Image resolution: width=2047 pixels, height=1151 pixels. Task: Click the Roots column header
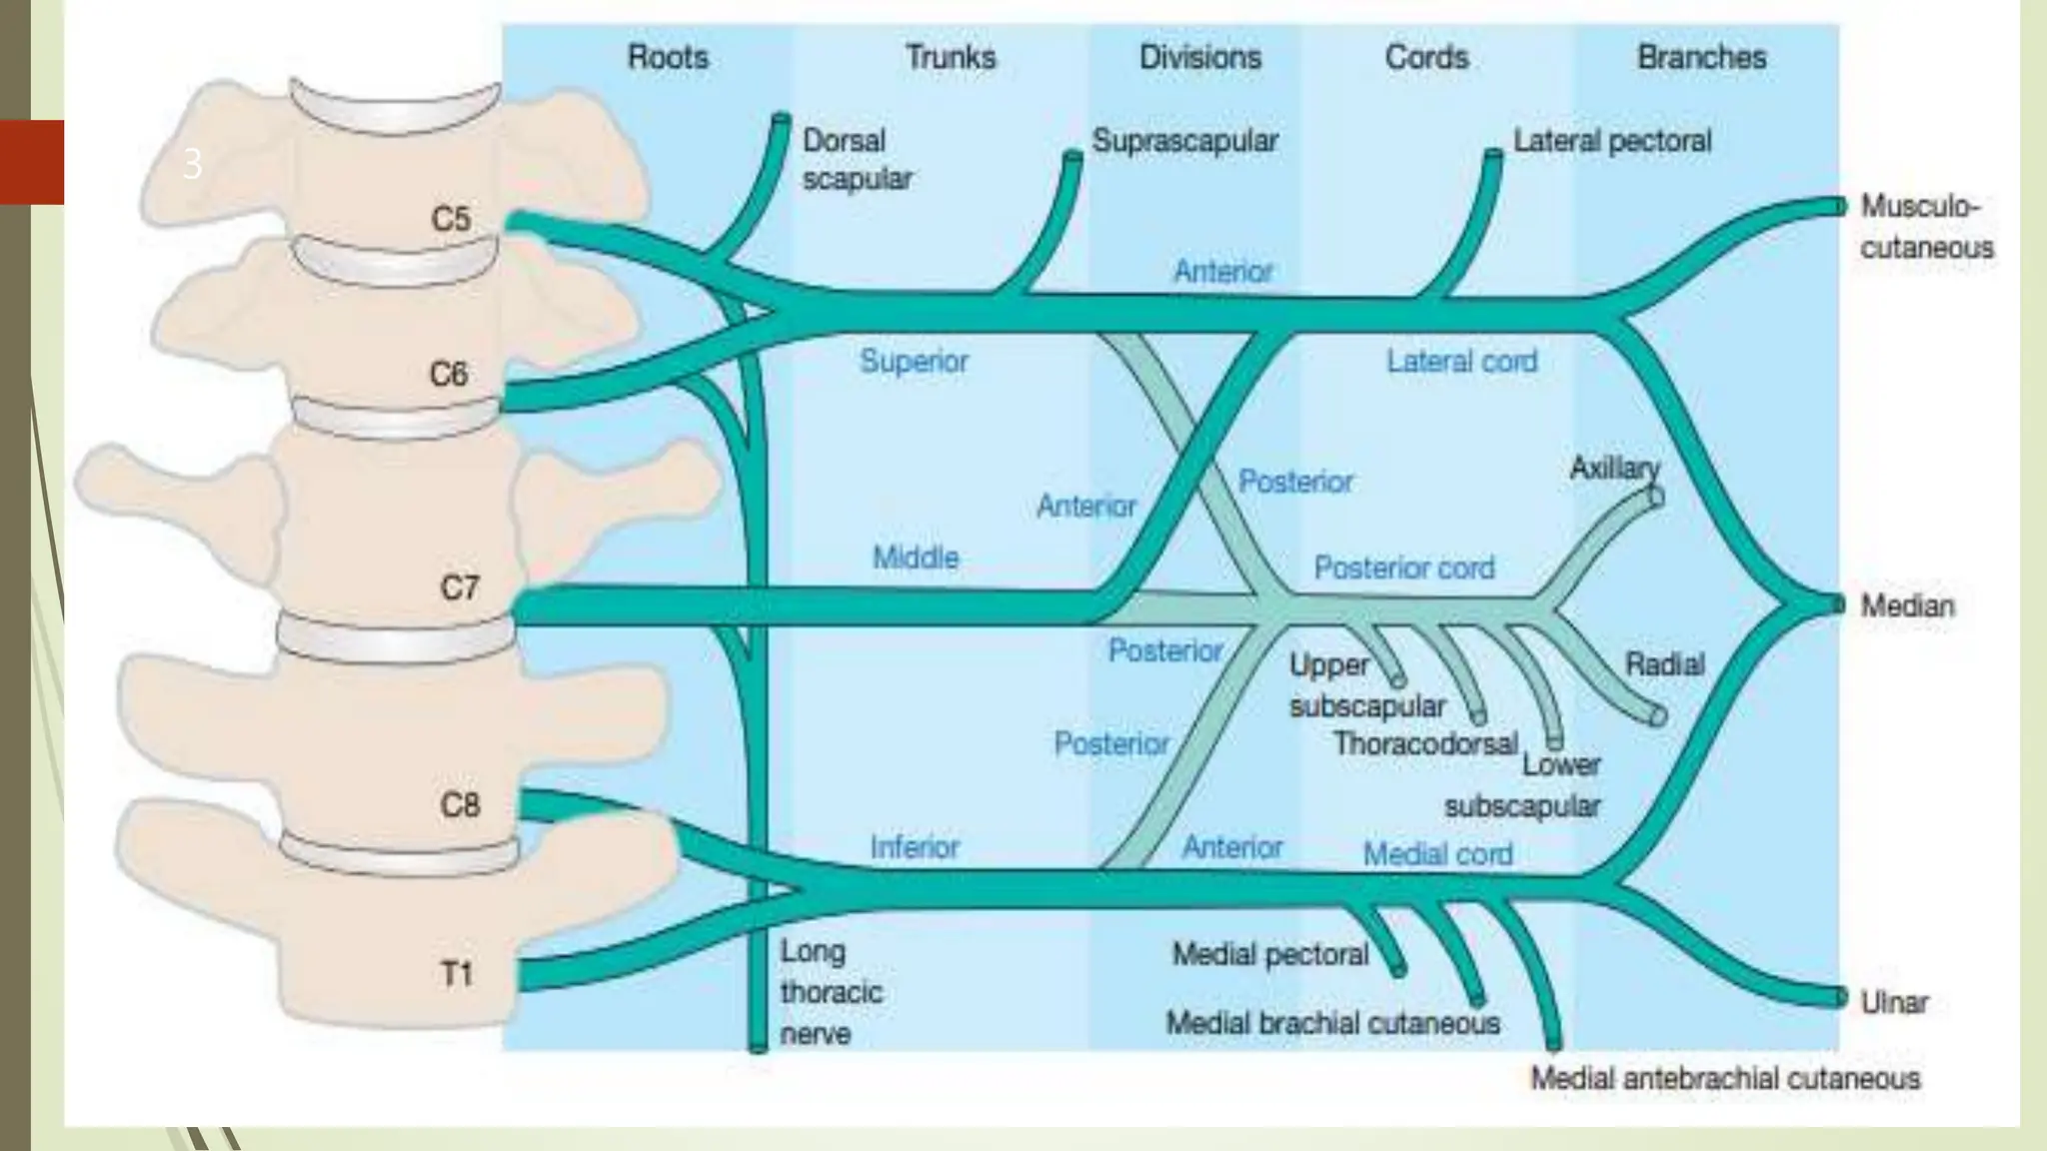coord(668,57)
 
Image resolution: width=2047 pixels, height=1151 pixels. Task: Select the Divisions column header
coord(1199,57)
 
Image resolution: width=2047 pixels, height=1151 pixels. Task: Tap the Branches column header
coord(1701,57)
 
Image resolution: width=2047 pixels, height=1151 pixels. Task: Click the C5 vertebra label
coord(451,218)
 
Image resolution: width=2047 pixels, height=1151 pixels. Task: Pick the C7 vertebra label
coord(460,586)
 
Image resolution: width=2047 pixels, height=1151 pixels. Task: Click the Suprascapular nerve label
coord(1185,141)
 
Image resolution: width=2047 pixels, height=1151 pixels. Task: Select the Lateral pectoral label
coord(1611,141)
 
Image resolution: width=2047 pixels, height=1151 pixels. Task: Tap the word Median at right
coord(1906,605)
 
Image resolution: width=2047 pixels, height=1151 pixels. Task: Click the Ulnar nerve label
coord(1894,1001)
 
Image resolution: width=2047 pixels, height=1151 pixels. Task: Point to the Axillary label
coord(1614,468)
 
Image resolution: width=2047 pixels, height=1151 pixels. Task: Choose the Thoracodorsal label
coord(1425,743)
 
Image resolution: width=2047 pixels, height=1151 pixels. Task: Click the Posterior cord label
coord(1403,568)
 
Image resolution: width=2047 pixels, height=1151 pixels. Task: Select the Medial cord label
coord(1437,854)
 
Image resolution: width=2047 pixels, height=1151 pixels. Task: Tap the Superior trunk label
coord(914,361)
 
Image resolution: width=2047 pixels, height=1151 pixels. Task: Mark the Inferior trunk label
coord(914,847)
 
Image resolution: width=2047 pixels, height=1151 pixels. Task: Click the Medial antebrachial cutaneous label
coord(1725,1078)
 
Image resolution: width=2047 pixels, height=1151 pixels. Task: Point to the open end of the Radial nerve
coord(1657,715)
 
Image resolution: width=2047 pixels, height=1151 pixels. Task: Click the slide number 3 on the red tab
coord(193,164)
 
